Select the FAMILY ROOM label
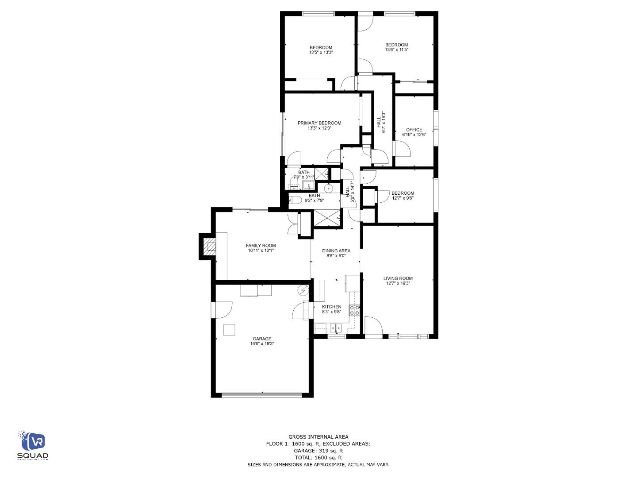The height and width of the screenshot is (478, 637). pyautogui.click(x=261, y=246)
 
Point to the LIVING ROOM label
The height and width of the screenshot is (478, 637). pyautogui.click(x=398, y=278)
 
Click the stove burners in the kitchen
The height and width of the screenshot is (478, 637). pyautogui.click(x=354, y=310)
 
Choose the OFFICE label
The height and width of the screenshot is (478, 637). pyautogui.click(x=414, y=130)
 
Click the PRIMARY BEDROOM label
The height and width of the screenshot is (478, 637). pyautogui.click(x=319, y=123)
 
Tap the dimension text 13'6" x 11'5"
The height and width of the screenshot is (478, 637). pyautogui.click(x=396, y=50)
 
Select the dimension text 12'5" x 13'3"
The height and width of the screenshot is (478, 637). pyautogui.click(x=321, y=53)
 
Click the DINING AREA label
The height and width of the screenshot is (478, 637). pyautogui.click(x=336, y=251)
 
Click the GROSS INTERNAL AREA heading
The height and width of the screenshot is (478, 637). pyautogui.click(x=318, y=437)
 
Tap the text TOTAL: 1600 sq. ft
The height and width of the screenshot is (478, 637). pyautogui.click(x=318, y=458)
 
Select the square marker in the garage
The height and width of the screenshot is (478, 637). pyautogui.click(x=229, y=330)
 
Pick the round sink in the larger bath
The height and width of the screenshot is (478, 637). pyautogui.click(x=328, y=189)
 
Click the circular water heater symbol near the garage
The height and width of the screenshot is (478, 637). pyautogui.click(x=303, y=290)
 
